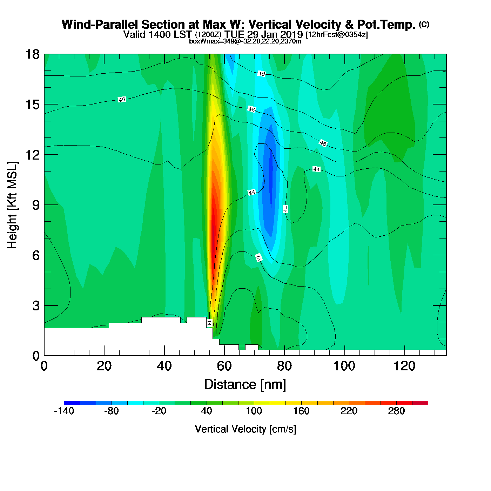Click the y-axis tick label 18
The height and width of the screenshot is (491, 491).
[x=32, y=54]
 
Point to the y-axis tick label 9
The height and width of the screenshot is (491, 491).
[x=36, y=205]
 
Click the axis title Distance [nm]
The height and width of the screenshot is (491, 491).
[x=245, y=385]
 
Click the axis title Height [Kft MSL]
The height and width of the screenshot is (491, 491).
[x=12, y=205]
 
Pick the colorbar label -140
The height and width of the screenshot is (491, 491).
[x=64, y=411]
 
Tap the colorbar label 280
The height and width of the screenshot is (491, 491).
[x=396, y=411]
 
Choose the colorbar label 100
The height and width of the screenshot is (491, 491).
[x=254, y=411]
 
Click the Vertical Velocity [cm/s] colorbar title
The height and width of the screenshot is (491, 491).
[x=245, y=429]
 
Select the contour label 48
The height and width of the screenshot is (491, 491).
[x=262, y=74]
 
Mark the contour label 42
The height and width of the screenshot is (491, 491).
[x=259, y=258]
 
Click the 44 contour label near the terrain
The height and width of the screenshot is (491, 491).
[x=209, y=323]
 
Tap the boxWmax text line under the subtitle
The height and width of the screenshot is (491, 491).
[x=245, y=41]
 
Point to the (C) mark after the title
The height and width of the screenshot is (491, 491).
[x=424, y=24]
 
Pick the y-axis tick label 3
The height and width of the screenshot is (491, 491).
[x=36, y=306]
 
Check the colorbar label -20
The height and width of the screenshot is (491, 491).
[x=159, y=411]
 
